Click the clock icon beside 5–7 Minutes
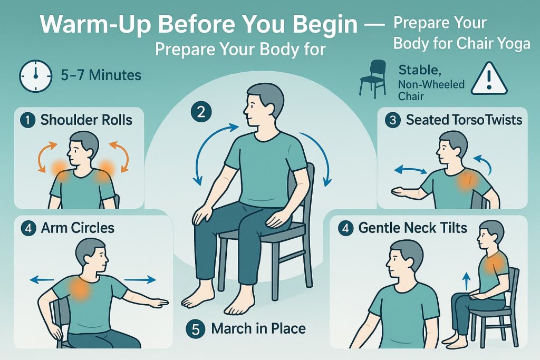point(35,76)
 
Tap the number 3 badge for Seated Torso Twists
point(392,120)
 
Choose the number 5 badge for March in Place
point(195,329)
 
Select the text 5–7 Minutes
point(100,75)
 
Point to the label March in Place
point(258,329)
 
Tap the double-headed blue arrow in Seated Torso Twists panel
point(411,170)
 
